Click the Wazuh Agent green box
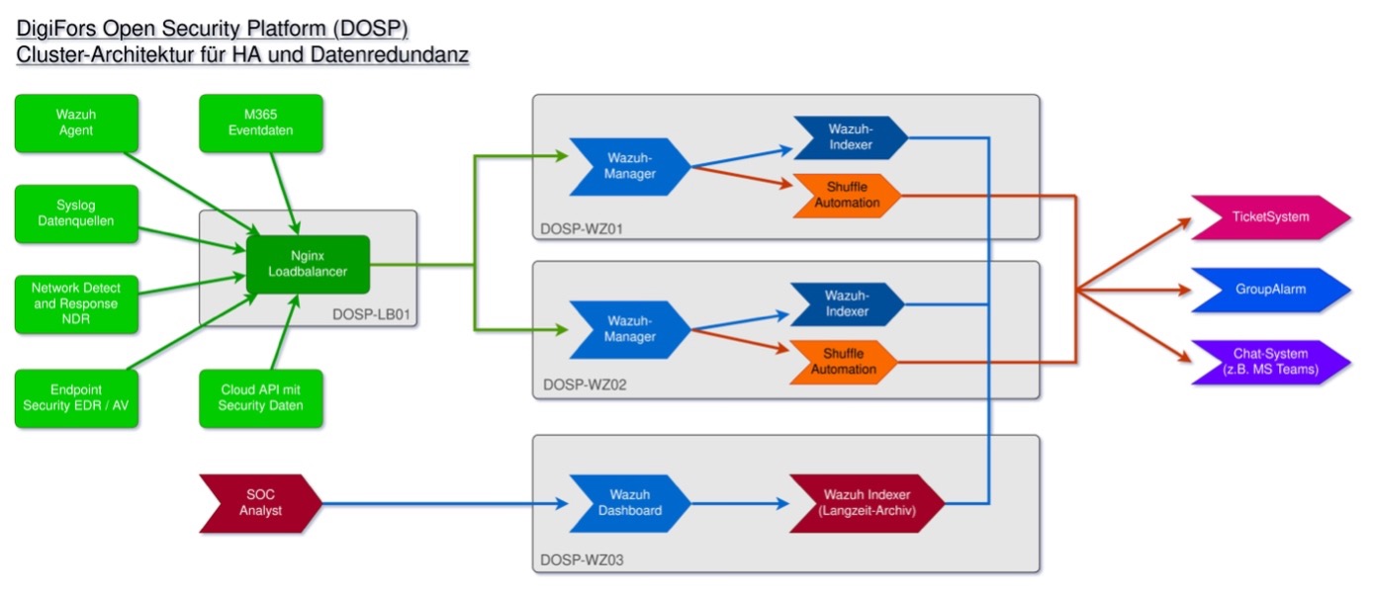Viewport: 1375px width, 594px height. point(76,124)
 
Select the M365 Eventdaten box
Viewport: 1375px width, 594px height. point(261,124)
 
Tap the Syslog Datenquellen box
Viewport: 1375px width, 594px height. point(76,212)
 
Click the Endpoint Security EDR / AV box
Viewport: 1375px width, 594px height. point(76,397)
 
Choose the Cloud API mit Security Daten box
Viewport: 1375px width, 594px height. point(261,397)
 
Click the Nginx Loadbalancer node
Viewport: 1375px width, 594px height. point(308,264)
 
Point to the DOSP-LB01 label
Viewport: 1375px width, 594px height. point(373,316)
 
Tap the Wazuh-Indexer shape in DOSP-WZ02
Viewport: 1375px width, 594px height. point(849,303)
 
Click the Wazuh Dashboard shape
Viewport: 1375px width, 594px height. point(630,503)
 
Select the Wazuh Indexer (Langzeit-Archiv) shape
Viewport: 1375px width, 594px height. point(866,503)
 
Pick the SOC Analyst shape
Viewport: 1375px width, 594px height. point(259,503)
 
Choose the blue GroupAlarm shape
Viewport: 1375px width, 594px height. point(1269,291)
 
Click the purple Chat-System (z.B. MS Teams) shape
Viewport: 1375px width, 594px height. point(1269,361)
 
